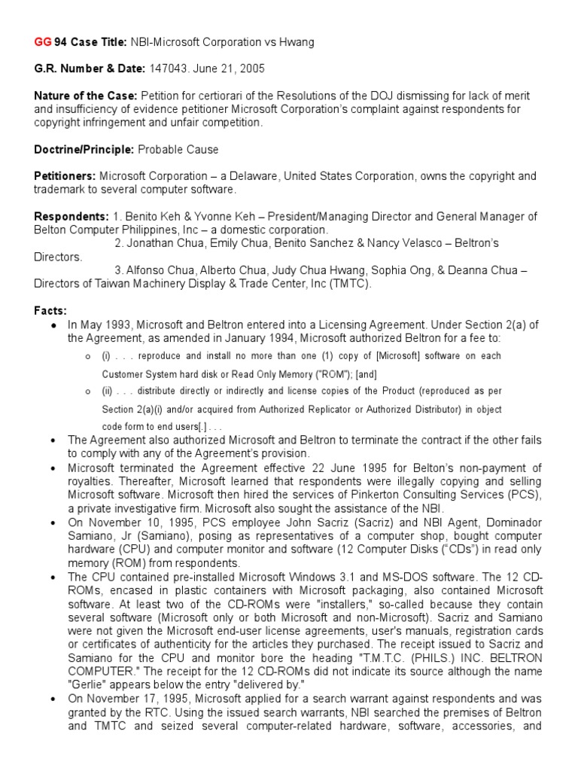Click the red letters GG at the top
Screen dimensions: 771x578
click(x=44, y=42)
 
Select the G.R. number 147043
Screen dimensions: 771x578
click(x=172, y=69)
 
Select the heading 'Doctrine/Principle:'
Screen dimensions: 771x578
click(x=84, y=149)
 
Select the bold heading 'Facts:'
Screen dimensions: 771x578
click(x=50, y=310)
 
